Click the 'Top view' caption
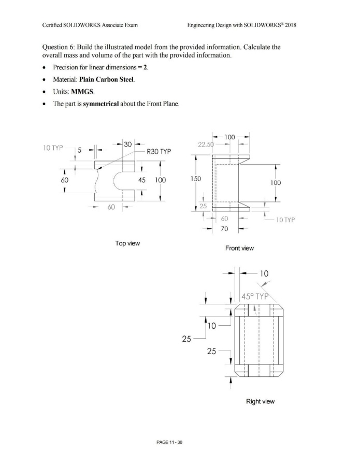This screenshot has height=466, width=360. (x=127, y=243)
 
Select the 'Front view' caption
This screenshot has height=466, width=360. (x=239, y=249)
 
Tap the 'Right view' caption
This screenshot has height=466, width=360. (x=261, y=401)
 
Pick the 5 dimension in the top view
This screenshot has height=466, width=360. (x=80, y=151)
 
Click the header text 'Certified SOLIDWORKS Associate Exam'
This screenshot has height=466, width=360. (x=89, y=25)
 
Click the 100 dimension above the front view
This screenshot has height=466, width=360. (x=230, y=137)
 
